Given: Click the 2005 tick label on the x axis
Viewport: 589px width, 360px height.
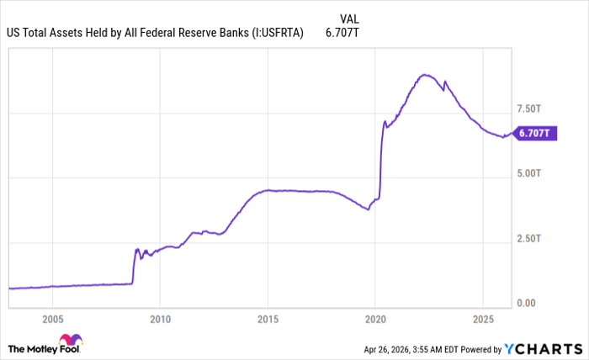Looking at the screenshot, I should (52, 319).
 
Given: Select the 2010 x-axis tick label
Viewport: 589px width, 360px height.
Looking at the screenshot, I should (160, 319).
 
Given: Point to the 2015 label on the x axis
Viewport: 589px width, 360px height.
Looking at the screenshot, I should (268, 319).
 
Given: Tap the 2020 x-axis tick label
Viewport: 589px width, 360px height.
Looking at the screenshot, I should (374, 319).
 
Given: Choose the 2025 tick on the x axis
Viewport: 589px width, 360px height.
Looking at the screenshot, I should (482, 319).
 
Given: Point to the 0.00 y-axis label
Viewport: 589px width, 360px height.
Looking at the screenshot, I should (525, 303).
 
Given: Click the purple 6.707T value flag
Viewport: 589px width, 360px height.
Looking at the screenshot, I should (535, 133).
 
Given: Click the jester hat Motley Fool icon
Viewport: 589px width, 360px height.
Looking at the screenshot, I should (72, 341).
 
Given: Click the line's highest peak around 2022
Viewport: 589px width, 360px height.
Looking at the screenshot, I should (427, 75).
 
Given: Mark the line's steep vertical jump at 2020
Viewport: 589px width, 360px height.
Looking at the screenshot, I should (381, 160).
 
